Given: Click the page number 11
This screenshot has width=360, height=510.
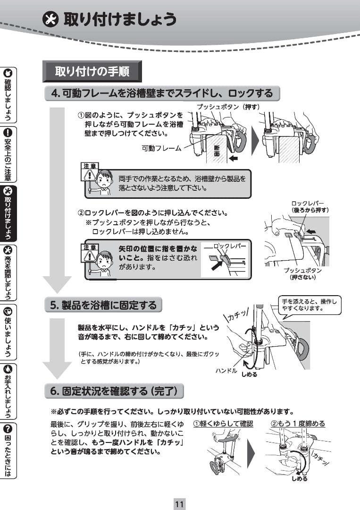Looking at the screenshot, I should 179,503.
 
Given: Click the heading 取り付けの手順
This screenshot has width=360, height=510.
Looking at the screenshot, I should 92,72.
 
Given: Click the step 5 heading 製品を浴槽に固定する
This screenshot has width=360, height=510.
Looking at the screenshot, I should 103,305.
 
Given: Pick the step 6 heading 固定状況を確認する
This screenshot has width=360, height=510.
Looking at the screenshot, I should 114,391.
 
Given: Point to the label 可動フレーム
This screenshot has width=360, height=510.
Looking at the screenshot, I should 161,148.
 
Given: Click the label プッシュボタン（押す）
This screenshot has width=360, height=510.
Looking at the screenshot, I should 228,107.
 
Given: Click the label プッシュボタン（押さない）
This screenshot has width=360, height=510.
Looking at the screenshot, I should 302,273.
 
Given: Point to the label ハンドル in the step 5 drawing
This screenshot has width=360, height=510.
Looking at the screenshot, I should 226,370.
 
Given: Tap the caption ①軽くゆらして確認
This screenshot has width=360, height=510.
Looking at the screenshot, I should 223,424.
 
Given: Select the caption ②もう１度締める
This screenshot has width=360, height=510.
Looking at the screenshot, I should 298,424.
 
